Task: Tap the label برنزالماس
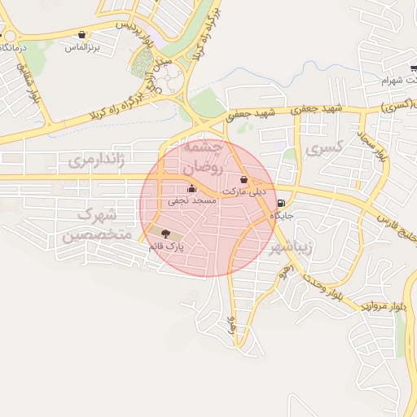tap(82, 48)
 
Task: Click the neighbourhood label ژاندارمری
tap(96, 160)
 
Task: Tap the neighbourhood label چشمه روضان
tap(200, 156)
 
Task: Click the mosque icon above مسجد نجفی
tap(191, 188)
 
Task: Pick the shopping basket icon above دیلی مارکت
tap(244, 179)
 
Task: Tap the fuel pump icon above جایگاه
tap(281, 204)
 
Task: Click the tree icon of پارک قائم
tap(155, 234)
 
